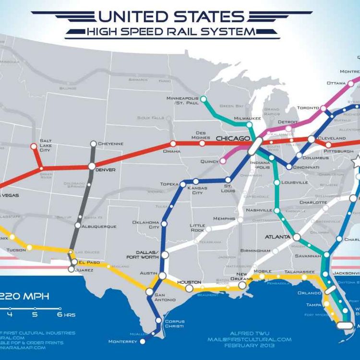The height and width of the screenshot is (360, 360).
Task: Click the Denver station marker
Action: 92,166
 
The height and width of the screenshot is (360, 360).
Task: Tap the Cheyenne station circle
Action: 93,144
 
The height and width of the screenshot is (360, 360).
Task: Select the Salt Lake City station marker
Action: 34,146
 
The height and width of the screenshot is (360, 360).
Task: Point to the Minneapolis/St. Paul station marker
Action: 203,99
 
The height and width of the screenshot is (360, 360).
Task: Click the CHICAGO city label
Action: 233,139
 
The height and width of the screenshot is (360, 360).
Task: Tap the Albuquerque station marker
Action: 78,225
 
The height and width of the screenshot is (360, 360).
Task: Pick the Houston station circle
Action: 189,289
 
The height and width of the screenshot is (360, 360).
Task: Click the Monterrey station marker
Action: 143,341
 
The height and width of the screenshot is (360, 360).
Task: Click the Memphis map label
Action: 224,218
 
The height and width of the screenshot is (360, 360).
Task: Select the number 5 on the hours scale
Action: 35,315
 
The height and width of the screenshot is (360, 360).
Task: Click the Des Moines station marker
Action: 202,143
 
